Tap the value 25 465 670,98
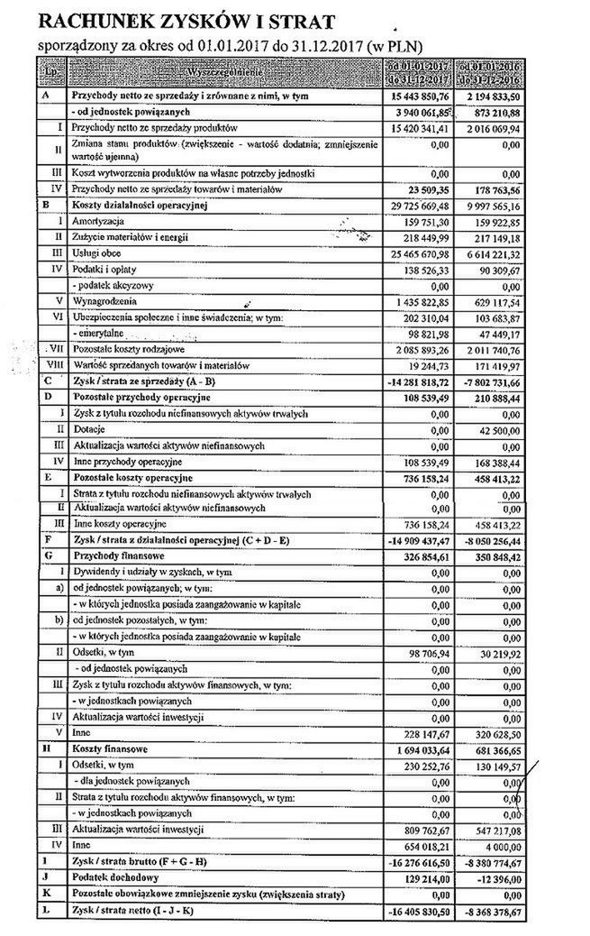coord(413,253)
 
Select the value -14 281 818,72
coord(412,382)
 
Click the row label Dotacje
coord(86,430)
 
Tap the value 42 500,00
coord(498,430)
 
